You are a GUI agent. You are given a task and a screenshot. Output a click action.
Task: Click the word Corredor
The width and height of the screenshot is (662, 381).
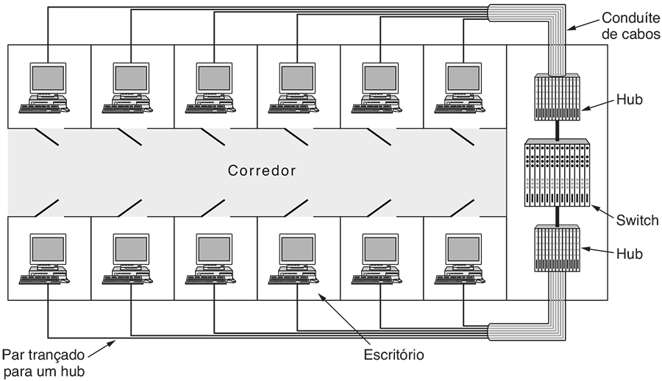pos(262,171)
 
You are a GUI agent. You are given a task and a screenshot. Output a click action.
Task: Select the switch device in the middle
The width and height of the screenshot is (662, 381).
pos(557,173)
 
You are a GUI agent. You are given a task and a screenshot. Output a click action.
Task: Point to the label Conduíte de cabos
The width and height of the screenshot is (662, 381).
pos(630,26)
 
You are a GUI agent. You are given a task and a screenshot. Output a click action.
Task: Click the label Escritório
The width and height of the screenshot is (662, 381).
pos(394,355)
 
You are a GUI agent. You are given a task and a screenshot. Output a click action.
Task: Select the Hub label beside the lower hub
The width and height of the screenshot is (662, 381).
pos(630,254)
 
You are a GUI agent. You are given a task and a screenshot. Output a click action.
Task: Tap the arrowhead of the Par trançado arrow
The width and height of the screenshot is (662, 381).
pos(116,338)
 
